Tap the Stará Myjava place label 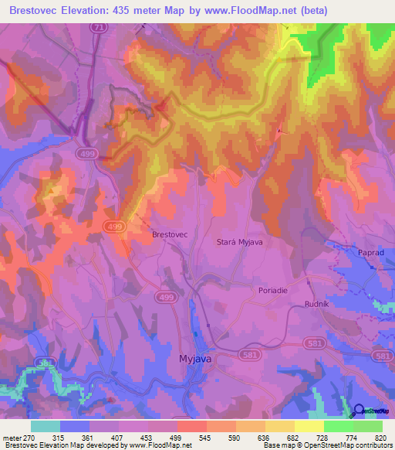[238, 242]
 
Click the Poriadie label [272, 290]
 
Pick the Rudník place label [316, 303]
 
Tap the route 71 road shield [97, 27]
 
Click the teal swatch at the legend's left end [46, 426]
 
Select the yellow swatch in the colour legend [309, 426]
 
